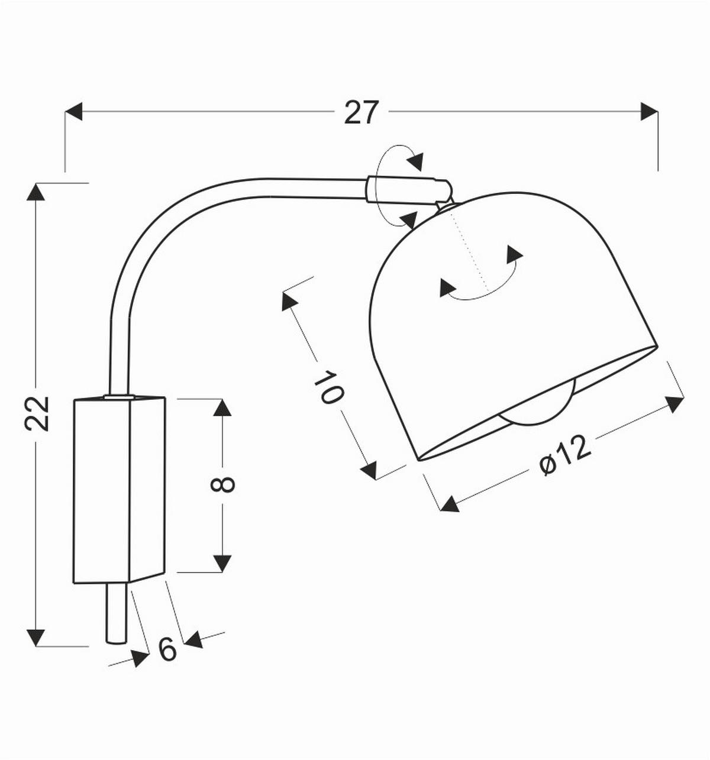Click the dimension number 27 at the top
(x=360, y=112)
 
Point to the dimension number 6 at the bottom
(x=168, y=649)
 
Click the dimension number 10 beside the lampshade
(x=328, y=388)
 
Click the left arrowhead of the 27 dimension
(x=73, y=111)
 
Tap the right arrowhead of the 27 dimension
(x=649, y=111)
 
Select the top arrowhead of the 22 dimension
(x=36, y=192)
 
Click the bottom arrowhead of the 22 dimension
(x=36, y=638)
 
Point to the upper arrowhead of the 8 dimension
(x=222, y=408)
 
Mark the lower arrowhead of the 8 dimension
(x=222, y=563)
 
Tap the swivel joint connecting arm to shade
(x=408, y=190)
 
